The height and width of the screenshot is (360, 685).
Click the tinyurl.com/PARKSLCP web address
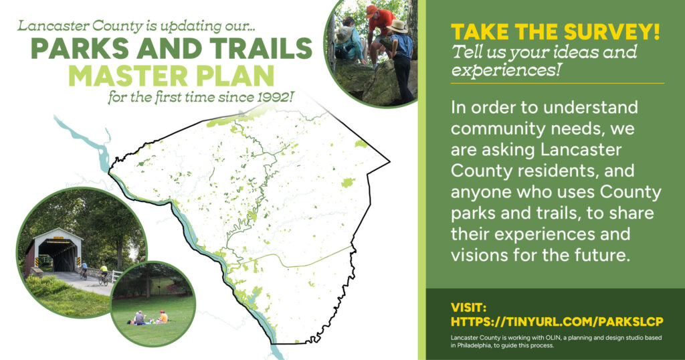coord(557,322)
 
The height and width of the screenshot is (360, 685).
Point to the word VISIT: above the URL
coord(469,307)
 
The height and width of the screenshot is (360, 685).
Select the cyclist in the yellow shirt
coord(104,275)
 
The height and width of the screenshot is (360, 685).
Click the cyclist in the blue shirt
coord(84,270)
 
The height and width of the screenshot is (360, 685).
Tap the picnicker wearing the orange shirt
coord(163,317)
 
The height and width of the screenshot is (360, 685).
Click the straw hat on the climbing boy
coord(397,27)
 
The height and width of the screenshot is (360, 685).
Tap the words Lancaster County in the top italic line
coord(80,26)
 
